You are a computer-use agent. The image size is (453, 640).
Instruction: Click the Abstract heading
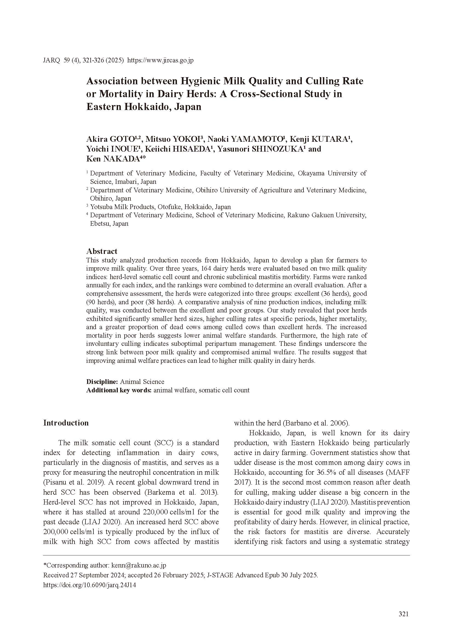pos(102,251)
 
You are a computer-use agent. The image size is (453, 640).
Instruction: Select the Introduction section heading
pos(66,423)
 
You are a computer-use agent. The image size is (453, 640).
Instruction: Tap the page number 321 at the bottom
pos(404,614)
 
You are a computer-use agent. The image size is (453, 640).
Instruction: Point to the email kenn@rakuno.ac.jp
pos(139,565)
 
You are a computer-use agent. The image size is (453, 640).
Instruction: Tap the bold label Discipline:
pos(102,382)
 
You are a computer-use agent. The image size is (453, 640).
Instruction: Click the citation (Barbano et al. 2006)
pos(292,423)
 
